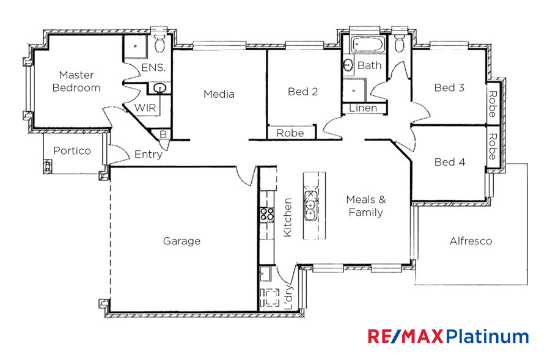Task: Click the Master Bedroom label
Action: [x=76, y=81]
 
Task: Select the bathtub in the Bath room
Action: [x=368, y=45]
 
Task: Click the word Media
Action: [x=219, y=94]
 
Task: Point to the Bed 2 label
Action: [x=302, y=92]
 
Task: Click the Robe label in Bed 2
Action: [x=290, y=133]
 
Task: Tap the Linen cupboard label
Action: [x=363, y=108]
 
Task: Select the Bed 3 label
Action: [x=449, y=87]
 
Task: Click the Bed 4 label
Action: [x=450, y=162]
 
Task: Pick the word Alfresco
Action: [x=471, y=241]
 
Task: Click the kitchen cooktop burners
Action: [x=267, y=214]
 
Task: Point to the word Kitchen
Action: [x=287, y=218]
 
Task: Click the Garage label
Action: [x=182, y=241]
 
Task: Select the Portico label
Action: [x=72, y=150]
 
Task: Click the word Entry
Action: [x=148, y=155]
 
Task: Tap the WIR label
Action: [x=145, y=108]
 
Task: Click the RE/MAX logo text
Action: [x=406, y=336]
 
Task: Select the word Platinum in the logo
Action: [x=487, y=336]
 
